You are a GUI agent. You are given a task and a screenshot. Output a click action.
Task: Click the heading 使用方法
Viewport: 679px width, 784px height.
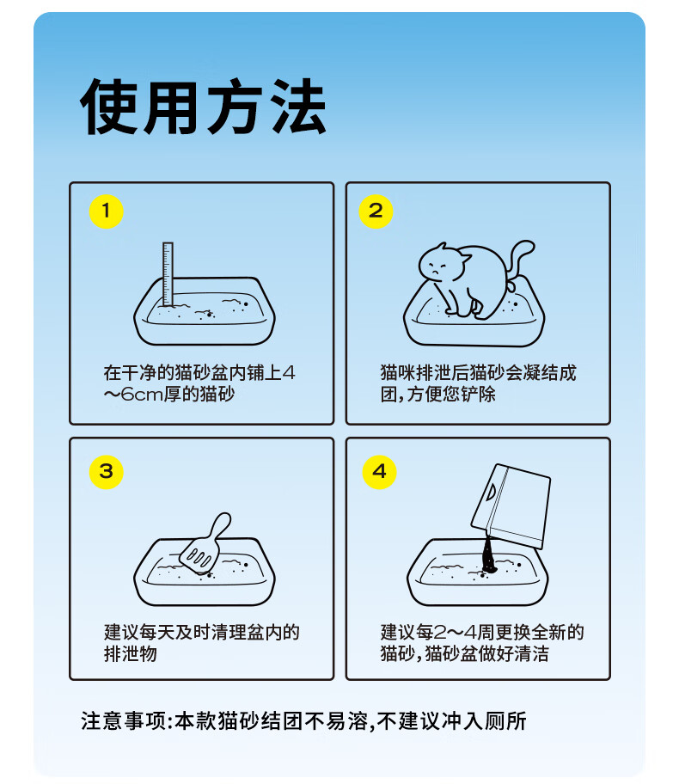(x=203, y=106)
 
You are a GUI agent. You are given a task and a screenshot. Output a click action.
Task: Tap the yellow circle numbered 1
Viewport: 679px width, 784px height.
(x=106, y=211)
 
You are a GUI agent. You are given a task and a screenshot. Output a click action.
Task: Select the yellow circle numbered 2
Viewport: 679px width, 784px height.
(x=376, y=211)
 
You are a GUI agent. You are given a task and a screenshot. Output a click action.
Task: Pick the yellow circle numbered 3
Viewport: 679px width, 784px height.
(x=106, y=472)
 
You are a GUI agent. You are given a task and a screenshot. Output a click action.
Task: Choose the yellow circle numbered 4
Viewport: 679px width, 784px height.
(x=379, y=472)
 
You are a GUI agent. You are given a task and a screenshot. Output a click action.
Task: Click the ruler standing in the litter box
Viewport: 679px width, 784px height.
(x=168, y=274)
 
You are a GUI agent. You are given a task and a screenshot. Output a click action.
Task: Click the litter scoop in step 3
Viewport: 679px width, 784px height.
(x=205, y=543)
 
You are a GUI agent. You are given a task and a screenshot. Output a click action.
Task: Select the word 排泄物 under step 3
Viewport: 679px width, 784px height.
(x=131, y=654)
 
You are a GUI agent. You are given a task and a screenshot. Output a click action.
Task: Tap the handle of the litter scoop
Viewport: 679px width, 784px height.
(x=220, y=525)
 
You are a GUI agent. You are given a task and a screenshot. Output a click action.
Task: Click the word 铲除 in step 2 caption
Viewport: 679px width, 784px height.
(x=478, y=395)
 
